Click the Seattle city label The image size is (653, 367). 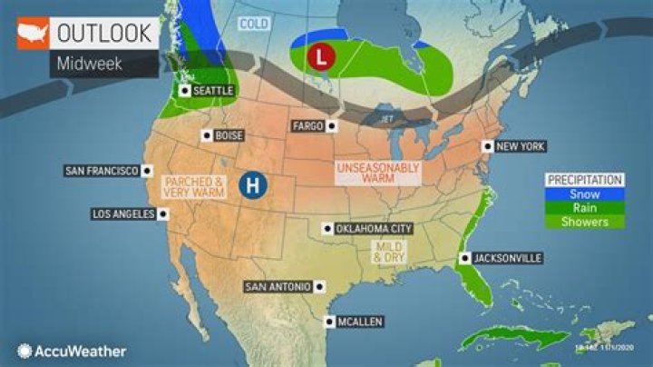pos(213,91)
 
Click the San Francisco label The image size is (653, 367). pos(102,171)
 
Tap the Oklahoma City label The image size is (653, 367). pos(374,229)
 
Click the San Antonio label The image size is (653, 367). pos(278,287)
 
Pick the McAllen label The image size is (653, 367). pos(361,322)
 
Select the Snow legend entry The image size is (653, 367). pos(584,193)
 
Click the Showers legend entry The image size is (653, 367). pos(584,222)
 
